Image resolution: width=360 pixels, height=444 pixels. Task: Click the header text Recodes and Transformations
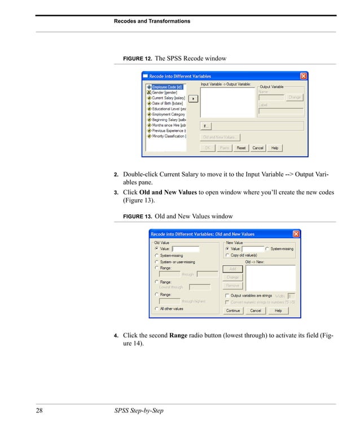click(x=152, y=21)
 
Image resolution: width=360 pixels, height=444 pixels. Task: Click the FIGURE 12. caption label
click(x=137, y=59)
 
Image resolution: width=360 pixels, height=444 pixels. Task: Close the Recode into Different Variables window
click(x=303, y=76)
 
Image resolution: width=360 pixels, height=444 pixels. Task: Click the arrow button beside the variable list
click(x=193, y=98)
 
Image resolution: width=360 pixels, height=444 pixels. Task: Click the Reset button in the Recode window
click(x=241, y=148)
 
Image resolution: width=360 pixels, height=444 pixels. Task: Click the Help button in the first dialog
click(x=275, y=148)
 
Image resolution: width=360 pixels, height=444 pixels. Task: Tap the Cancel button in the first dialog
click(x=258, y=148)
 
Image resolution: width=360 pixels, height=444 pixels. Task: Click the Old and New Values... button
click(x=220, y=137)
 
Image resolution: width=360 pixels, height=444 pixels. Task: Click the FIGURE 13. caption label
click(x=137, y=217)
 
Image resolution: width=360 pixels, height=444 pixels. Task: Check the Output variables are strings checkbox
click(x=227, y=296)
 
